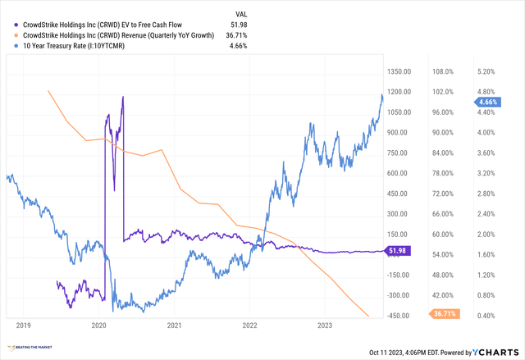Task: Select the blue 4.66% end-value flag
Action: pos(491,102)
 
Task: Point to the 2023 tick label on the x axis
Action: pos(325,326)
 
